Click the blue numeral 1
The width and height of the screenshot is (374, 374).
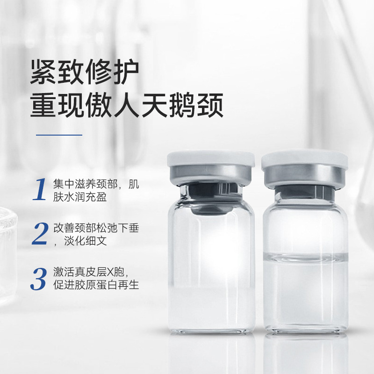pos(39,189)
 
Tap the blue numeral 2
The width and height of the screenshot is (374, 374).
pos(40,233)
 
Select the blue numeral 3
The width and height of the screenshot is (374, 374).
pos(39,279)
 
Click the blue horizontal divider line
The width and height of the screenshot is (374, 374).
pos(59,135)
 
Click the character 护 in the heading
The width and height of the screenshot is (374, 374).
pos(126,72)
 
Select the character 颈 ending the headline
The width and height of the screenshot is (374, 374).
pos(210,105)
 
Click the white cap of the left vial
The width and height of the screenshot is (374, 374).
pos(211,158)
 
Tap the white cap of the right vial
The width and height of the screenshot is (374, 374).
pos(305,158)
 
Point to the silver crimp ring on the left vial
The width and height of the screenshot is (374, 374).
pos(211,174)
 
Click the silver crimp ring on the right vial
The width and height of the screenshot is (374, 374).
pos(305,176)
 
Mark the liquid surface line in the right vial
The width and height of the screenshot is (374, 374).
pos(305,257)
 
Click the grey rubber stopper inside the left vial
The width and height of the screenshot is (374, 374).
pos(211,198)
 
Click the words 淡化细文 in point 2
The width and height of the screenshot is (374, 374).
pos(86,241)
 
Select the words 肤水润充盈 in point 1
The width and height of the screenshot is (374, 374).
pos(80,197)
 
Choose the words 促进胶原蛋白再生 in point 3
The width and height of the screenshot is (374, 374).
pos(96,285)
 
